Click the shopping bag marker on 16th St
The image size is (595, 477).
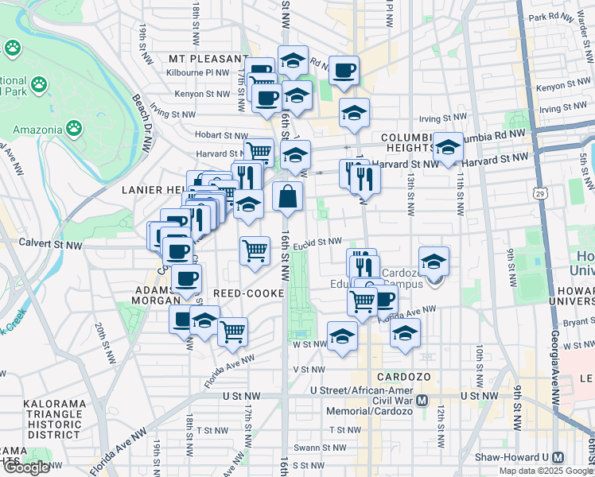click(287, 196)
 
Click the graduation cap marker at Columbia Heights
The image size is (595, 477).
click(448, 147)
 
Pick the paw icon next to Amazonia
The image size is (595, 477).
click(74, 127)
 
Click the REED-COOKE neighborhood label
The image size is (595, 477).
click(249, 293)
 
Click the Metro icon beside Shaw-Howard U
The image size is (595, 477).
click(558, 457)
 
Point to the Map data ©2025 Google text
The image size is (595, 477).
click(546, 471)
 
